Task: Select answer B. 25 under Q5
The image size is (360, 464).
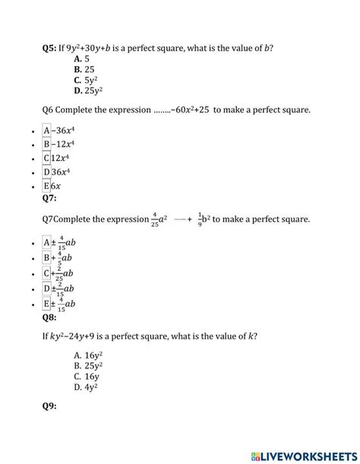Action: (85, 70)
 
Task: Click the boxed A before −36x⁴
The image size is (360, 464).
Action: (47, 130)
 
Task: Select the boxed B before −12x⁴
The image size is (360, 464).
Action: (47, 144)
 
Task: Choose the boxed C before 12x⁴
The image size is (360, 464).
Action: (47, 158)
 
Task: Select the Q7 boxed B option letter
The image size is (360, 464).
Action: (47, 258)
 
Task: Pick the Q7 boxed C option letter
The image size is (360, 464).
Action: (47, 273)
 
